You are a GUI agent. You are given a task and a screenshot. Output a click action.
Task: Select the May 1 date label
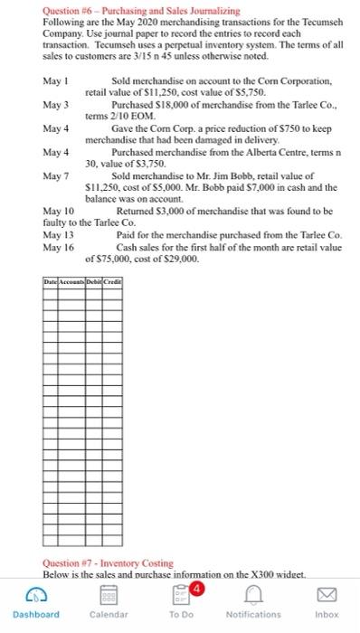click(x=55, y=82)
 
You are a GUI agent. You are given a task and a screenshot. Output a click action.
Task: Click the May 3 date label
click(x=55, y=105)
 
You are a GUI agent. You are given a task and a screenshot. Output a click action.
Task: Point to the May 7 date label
click(x=55, y=174)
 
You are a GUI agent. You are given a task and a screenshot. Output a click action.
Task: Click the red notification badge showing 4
click(x=192, y=587)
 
